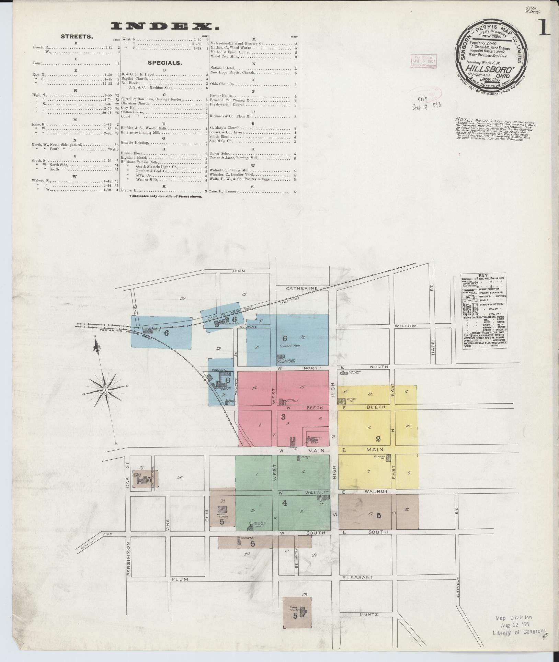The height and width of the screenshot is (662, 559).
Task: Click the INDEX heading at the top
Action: (x=165, y=26)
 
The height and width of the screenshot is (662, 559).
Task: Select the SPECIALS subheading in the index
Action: (x=164, y=63)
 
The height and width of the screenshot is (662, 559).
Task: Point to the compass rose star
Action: (x=105, y=391)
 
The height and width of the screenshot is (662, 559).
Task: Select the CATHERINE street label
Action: (x=302, y=288)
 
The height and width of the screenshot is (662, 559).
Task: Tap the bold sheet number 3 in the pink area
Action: (x=283, y=417)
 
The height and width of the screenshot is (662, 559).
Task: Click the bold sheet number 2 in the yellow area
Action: (x=378, y=439)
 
